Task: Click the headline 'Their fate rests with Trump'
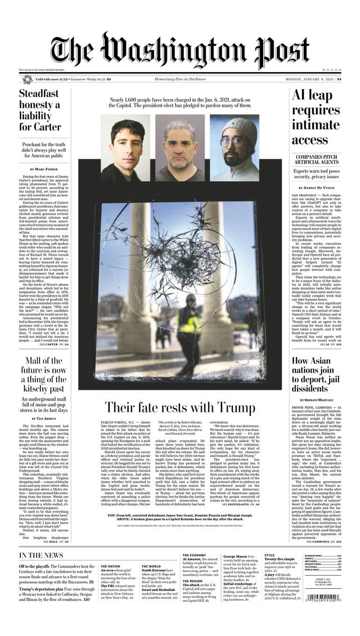pos(179,407)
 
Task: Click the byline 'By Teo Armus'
pos(42,418)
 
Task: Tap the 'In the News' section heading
pos(41,555)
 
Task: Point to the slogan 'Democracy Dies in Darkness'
pos(180,79)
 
